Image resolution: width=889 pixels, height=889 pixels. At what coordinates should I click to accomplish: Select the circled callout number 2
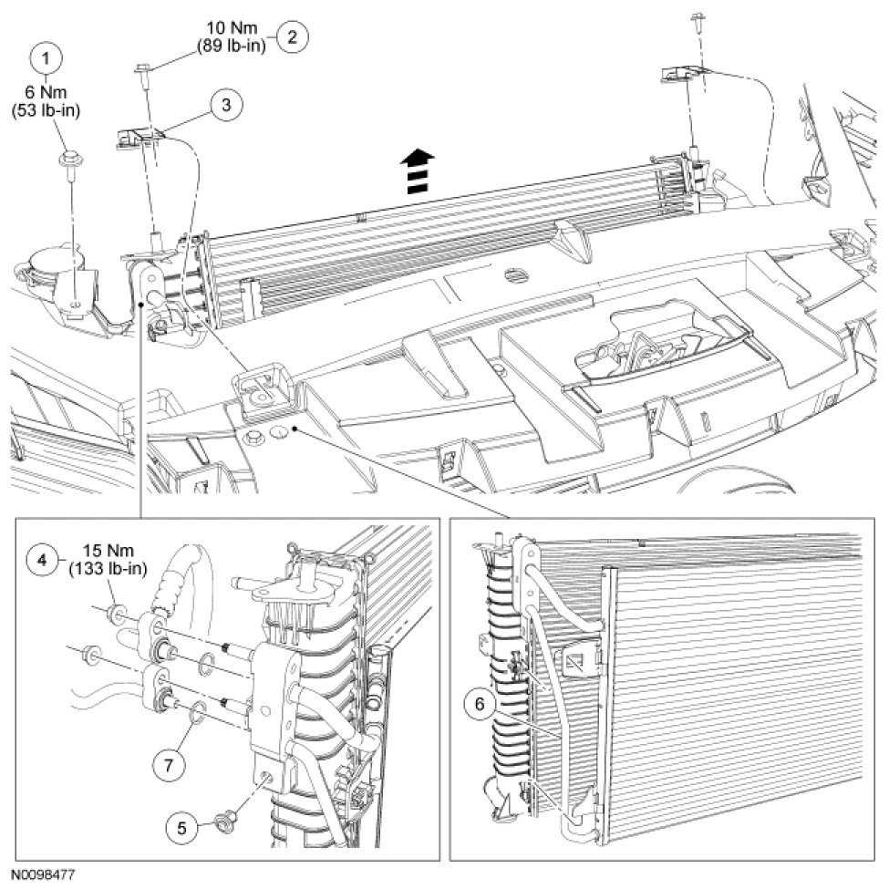pyautogui.click(x=292, y=37)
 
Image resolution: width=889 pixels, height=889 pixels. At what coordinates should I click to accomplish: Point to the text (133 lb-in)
pyautogui.click(x=101, y=568)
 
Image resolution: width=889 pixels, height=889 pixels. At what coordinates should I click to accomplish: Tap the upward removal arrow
pyautogui.click(x=417, y=170)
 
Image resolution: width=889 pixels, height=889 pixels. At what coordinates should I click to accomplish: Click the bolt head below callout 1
pyautogui.click(x=69, y=162)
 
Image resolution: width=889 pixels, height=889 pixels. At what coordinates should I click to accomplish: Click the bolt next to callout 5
pyautogui.click(x=224, y=821)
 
